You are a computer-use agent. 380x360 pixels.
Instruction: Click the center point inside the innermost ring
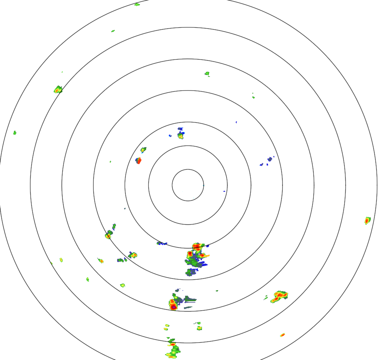pos(188,185)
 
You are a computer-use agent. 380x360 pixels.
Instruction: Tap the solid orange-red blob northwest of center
pos(138,161)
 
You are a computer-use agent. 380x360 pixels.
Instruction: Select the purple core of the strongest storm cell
pos(173,306)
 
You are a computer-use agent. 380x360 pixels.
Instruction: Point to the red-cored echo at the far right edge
pos(367,221)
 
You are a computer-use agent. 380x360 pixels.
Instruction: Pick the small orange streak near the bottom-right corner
pos(283,335)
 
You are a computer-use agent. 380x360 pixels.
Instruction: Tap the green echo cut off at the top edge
pos(137,4)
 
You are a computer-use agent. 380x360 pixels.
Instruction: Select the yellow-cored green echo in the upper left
pos(58,89)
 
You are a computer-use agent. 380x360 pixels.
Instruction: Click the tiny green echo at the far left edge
pos(15,133)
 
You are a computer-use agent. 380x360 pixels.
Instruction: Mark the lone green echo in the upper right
pos(207,74)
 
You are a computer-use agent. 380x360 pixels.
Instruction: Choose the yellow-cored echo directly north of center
pos(181,136)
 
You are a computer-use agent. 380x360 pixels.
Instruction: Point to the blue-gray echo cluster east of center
pos(269,159)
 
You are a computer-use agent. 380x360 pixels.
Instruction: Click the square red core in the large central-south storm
pos(190,254)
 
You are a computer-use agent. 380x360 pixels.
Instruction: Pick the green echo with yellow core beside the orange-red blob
pos(143,150)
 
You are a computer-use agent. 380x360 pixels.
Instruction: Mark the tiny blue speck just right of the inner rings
pos(224,191)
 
